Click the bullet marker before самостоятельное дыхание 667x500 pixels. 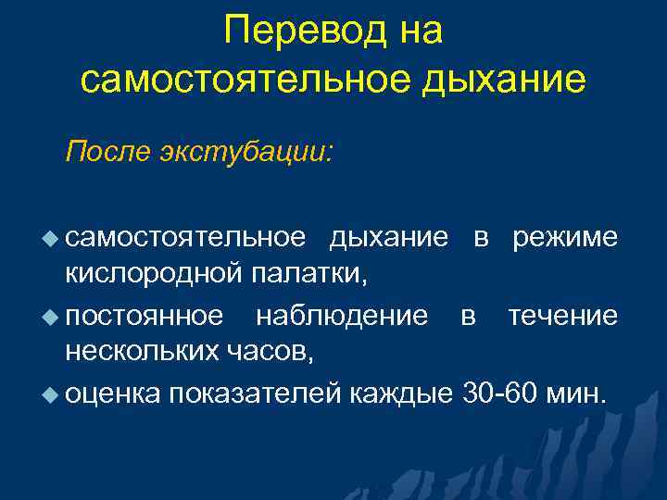click(52, 238)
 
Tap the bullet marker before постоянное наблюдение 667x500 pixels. click(52, 317)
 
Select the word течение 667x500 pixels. click(561, 316)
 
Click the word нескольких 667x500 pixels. click(146, 355)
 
